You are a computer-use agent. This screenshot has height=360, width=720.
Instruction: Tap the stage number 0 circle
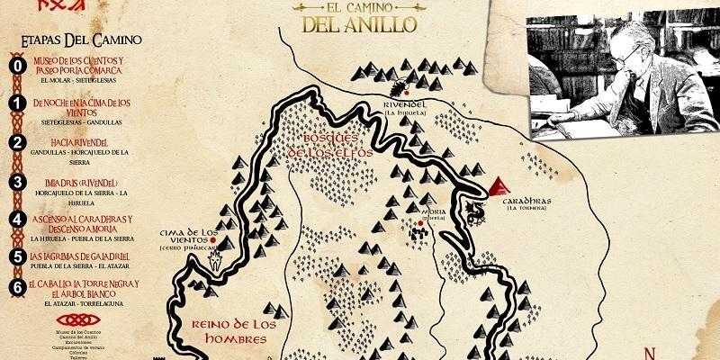point(15,65)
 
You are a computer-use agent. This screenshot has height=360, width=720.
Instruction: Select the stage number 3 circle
point(15,182)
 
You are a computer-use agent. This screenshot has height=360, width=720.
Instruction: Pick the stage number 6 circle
point(15,288)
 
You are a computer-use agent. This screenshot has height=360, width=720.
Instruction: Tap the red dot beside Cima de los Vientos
point(213,241)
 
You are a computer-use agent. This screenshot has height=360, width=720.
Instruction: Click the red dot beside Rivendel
point(408,94)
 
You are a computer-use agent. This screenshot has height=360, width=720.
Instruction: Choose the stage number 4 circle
point(15,221)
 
